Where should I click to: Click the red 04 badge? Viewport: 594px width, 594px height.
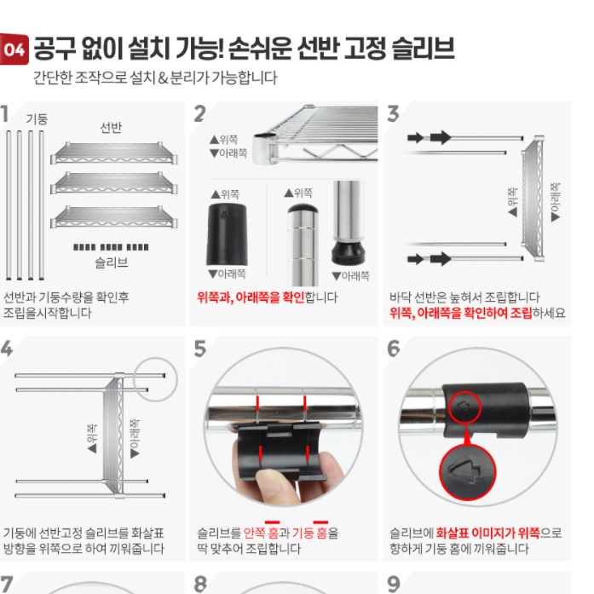point(15,49)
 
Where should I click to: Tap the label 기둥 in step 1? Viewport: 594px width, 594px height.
point(37,118)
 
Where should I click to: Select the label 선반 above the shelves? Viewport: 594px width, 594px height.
point(111,128)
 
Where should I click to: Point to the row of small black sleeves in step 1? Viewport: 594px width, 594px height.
point(111,247)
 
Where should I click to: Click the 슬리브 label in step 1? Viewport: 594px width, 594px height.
point(111,262)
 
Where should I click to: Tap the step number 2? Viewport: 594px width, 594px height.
point(200,114)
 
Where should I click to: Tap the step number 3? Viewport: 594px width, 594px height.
point(393,114)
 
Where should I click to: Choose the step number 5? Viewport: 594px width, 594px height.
point(200,349)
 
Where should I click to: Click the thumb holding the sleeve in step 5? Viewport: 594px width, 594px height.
point(277,490)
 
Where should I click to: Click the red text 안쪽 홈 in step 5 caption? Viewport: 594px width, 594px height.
point(261,533)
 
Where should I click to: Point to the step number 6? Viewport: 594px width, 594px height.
point(393,349)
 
